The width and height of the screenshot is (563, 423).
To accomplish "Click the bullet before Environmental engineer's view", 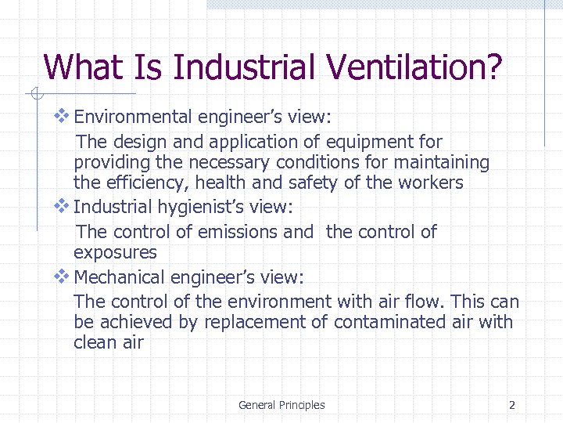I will coord(62,116).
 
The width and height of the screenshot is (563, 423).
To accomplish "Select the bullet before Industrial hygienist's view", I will coord(62,206).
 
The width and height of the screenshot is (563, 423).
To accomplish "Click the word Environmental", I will coord(132,117).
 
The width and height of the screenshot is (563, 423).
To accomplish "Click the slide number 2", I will coord(512,405).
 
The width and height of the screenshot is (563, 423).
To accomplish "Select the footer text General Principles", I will coord(281,405).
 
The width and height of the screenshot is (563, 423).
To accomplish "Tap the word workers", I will coord(434,183).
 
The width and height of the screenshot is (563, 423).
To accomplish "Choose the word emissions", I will coord(235,232).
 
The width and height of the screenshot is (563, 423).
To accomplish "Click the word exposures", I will coord(115,253).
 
